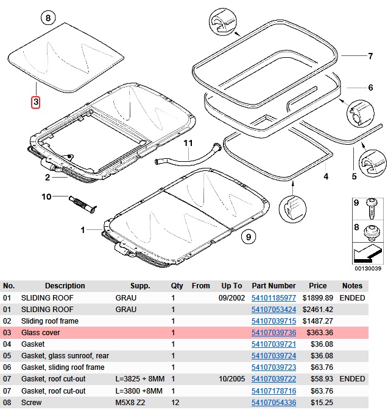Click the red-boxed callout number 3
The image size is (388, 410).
point(36,102)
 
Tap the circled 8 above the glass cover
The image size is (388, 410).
point(49,18)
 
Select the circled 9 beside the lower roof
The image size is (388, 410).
point(246,237)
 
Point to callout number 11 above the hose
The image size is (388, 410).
point(188,144)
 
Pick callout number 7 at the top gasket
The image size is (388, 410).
point(370,57)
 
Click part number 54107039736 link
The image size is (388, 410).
point(273,333)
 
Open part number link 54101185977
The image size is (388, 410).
point(273,298)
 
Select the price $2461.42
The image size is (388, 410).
point(322,310)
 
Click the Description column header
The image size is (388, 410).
point(65,286)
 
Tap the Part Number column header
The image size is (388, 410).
point(273,286)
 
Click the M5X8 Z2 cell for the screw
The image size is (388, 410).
point(132,402)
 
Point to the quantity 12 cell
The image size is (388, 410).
point(175,402)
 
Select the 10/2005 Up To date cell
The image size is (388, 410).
point(231,379)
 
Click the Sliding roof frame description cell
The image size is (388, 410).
point(50,321)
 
